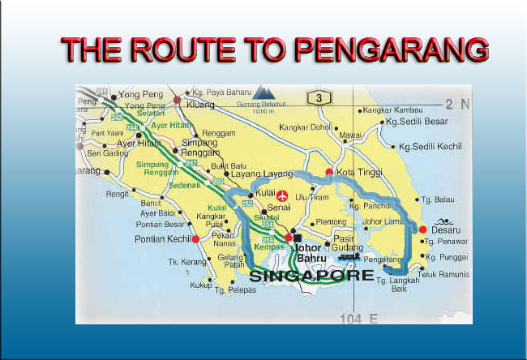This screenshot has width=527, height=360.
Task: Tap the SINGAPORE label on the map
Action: (x=313, y=276)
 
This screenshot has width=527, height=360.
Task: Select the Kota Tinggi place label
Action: (x=358, y=174)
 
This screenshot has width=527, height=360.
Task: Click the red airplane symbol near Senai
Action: (x=282, y=196)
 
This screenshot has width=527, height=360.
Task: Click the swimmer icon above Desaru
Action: (x=445, y=220)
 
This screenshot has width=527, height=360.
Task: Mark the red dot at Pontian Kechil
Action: (x=195, y=239)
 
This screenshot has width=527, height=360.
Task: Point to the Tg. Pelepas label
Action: (x=237, y=290)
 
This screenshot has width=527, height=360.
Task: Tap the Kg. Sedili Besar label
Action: (x=417, y=122)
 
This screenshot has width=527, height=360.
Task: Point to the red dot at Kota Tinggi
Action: (x=328, y=172)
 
